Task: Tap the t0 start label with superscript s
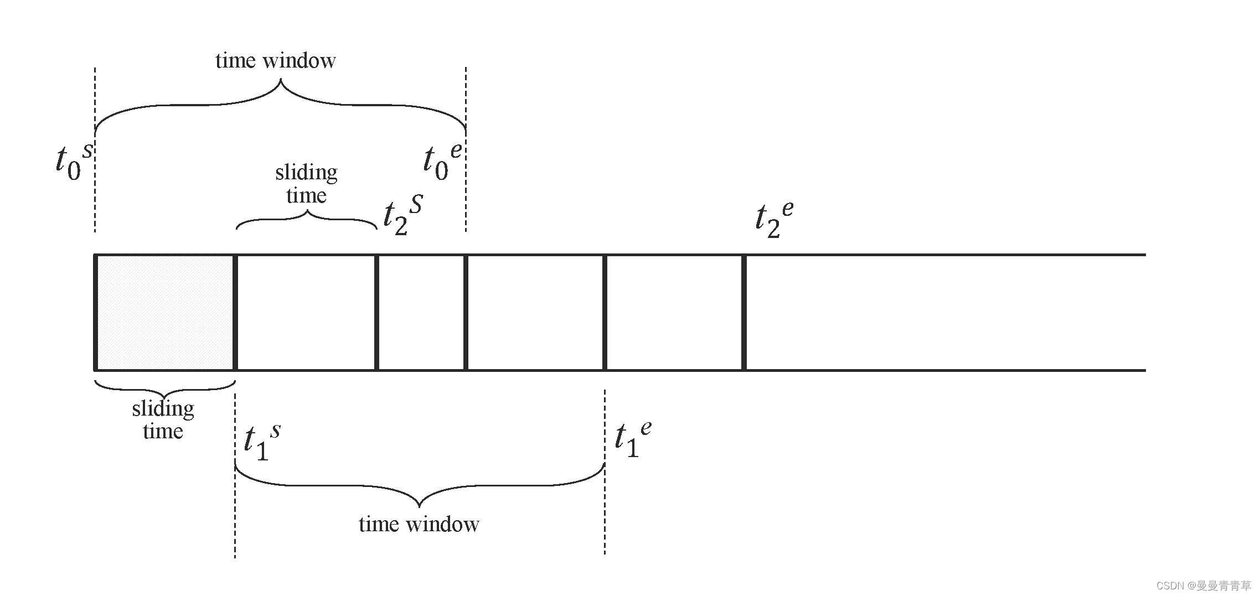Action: pyautogui.click(x=74, y=162)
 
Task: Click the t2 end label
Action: pyautogui.click(x=774, y=219)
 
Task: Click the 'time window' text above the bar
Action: pyautogui.click(x=275, y=60)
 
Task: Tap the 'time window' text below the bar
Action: pyautogui.click(x=419, y=524)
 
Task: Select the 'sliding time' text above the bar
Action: pyautogui.click(x=306, y=184)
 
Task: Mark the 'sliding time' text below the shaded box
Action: pyautogui.click(x=163, y=420)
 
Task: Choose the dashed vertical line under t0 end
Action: pyautogui.click(x=466, y=205)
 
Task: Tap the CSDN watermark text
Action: pyautogui.click(x=1202, y=585)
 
